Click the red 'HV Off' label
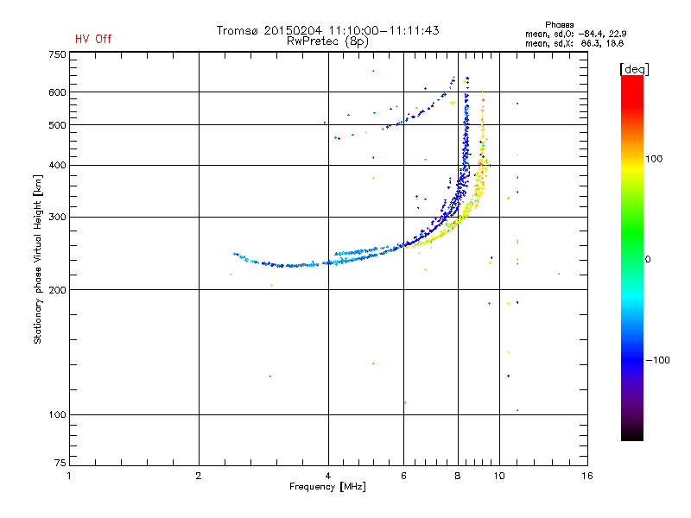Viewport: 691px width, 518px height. click(93, 39)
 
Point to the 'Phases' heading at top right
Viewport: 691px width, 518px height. click(561, 24)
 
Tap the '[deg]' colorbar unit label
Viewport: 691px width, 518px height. click(634, 68)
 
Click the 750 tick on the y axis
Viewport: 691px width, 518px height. click(57, 54)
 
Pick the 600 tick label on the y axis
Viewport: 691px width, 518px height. click(57, 92)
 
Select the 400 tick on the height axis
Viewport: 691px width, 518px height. click(57, 165)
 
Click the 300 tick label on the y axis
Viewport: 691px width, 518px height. click(57, 217)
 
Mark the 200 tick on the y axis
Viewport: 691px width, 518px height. click(57, 289)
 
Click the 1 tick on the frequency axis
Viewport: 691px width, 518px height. click(69, 476)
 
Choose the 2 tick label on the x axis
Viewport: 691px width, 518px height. click(199, 476)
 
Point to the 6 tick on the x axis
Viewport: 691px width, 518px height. click(404, 476)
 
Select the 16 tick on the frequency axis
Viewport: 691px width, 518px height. click(586, 476)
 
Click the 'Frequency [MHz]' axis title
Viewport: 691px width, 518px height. click(327, 487)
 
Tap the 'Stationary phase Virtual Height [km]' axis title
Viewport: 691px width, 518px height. click(38, 259)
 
